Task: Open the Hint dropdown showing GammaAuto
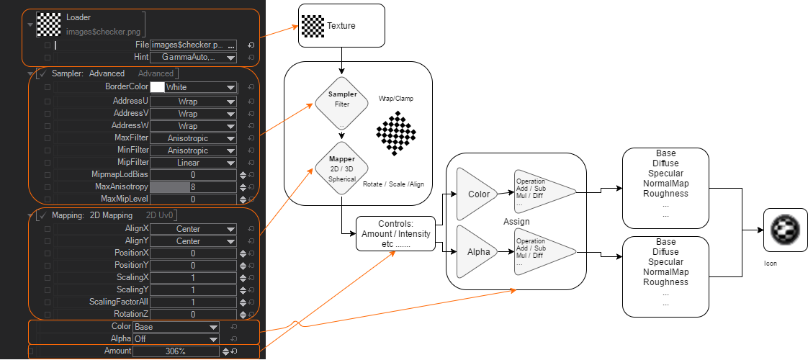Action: point(193,57)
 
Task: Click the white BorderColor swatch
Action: point(156,87)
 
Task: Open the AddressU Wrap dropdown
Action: point(193,102)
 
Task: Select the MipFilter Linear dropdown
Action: point(193,163)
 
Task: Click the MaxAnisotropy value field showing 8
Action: point(193,186)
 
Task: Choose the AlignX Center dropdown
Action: point(193,229)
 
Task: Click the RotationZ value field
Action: point(193,314)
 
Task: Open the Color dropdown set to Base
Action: point(176,327)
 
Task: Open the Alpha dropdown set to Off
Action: point(176,338)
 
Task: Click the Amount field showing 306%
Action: point(176,351)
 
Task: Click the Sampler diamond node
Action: point(342,103)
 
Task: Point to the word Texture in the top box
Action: point(341,26)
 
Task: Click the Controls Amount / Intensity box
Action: point(396,234)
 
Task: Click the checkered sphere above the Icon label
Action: point(784,229)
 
